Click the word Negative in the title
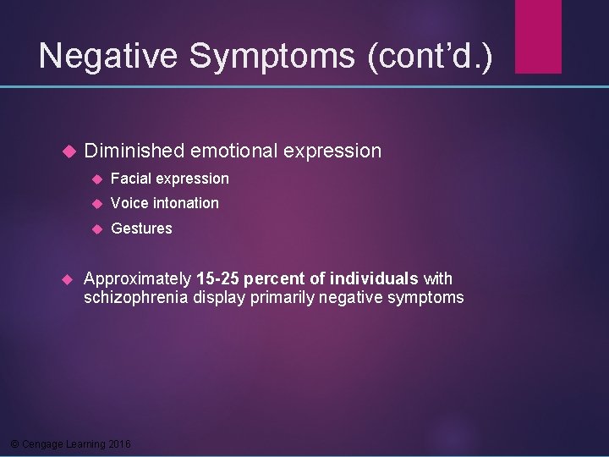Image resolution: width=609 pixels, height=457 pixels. point(108,56)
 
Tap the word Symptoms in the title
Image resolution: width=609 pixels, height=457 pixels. point(272,56)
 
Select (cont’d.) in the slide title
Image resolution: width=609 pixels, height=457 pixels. point(429,56)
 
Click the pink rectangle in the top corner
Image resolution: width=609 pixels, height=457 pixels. point(538,36)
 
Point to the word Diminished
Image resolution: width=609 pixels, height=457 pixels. point(134,151)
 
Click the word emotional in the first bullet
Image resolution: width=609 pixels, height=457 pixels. point(234,151)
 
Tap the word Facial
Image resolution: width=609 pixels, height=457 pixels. point(131,179)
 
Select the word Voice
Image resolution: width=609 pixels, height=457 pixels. point(129,203)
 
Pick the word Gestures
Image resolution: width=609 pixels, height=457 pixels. point(141,228)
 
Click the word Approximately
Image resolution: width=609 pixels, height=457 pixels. point(138,278)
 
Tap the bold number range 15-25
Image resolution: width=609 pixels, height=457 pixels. point(217,278)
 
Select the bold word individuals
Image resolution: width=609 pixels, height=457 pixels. point(374,278)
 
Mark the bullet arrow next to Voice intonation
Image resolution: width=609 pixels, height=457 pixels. point(96,204)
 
